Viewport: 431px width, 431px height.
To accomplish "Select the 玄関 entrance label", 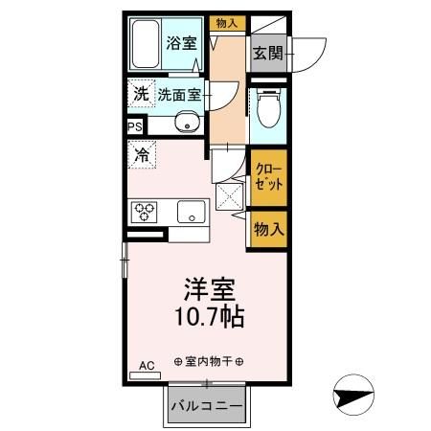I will (268, 54).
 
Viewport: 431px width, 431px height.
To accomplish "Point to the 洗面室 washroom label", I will (179, 95).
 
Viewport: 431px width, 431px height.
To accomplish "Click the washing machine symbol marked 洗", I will (141, 95).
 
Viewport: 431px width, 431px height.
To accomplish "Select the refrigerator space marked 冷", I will (142, 153).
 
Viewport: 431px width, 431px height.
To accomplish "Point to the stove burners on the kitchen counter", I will (146, 211).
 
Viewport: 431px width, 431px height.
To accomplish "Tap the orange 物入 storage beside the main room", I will (268, 229).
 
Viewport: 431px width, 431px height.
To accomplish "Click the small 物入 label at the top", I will (226, 22).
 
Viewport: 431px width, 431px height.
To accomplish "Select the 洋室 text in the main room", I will (210, 288).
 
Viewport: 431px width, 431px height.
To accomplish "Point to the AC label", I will (147, 366).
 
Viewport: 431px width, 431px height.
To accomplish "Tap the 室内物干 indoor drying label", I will (209, 361).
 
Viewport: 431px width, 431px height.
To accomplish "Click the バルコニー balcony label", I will (207, 406).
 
